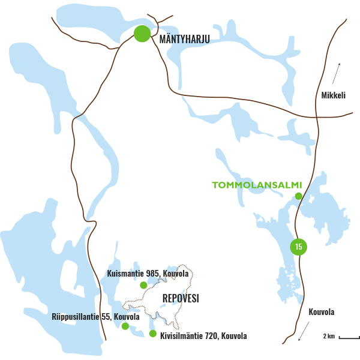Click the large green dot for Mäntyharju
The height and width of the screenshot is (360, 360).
click(142, 34)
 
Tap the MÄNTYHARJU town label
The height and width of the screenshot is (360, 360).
click(185, 40)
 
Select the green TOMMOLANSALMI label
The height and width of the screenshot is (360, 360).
click(256, 184)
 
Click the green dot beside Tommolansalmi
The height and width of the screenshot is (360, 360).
click(298, 196)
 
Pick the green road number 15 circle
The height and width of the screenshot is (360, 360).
click(298, 246)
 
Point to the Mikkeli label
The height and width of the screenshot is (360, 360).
click(334, 95)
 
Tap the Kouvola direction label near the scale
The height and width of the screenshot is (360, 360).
click(322, 312)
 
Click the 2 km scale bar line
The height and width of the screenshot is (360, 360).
click(349, 338)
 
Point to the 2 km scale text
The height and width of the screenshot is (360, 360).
click(329, 335)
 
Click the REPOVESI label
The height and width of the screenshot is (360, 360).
click(181, 298)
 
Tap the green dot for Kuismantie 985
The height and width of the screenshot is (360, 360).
click(143, 285)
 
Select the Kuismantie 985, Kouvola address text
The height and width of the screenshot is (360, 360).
click(148, 274)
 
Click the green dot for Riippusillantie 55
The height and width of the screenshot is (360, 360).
click(125, 326)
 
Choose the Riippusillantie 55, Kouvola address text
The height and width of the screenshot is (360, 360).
click(96, 316)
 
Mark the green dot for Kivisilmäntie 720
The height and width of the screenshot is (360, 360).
click(153, 334)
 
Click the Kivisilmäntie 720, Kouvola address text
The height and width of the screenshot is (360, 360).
click(203, 335)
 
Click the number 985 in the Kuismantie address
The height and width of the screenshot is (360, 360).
click(152, 274)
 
